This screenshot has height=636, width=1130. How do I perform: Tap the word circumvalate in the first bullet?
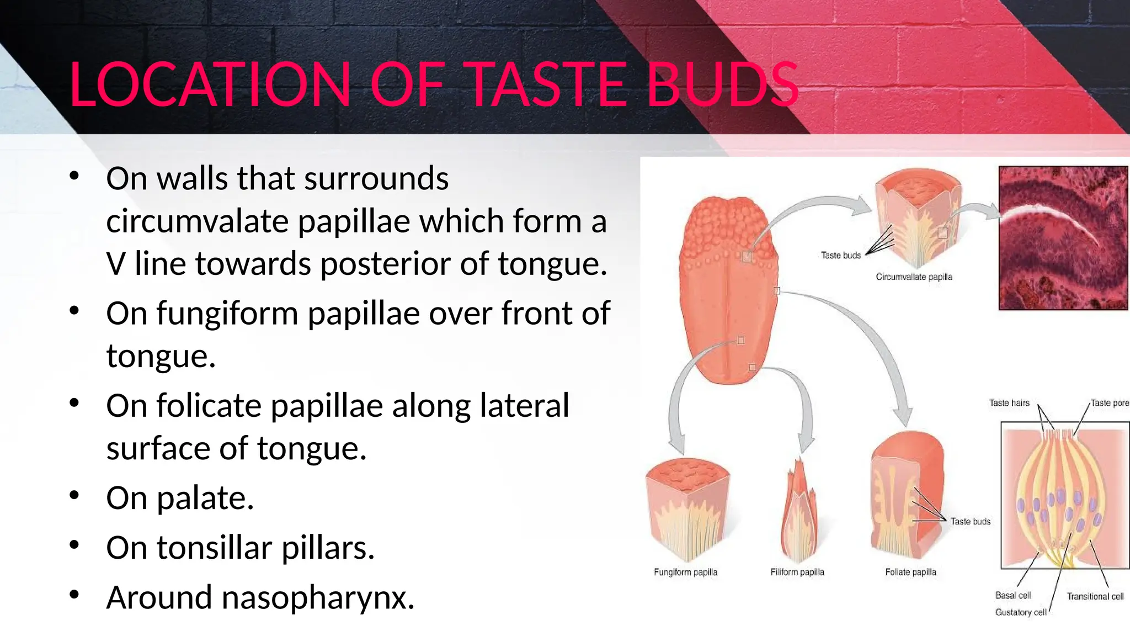(x=197, y=221)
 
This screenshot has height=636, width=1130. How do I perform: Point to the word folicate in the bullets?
(x=209, y=406)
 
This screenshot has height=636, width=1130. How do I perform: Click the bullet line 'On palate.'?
(x=180, y=498)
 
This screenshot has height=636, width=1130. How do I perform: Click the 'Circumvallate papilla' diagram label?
(x=914, y=277)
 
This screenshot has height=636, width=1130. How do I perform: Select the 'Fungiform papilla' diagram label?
(x=685, y=573)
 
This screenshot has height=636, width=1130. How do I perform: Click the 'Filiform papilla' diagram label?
(x=797, y=573)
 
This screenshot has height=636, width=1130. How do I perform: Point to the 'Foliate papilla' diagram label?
(x=910, y=573)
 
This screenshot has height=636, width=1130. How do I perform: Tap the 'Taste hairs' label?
(x=1009, y=403)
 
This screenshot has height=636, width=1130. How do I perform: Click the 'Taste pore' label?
(x=1109, y=403)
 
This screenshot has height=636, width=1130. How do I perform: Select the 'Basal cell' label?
(x=1013, y=595)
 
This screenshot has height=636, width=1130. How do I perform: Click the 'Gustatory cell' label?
(x=1020, y=612)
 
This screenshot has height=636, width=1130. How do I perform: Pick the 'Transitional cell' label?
(x=1095, y=596)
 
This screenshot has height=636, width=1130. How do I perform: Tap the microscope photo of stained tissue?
(x=1063, y=238)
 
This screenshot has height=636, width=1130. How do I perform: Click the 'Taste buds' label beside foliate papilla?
(x=970, y=522)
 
